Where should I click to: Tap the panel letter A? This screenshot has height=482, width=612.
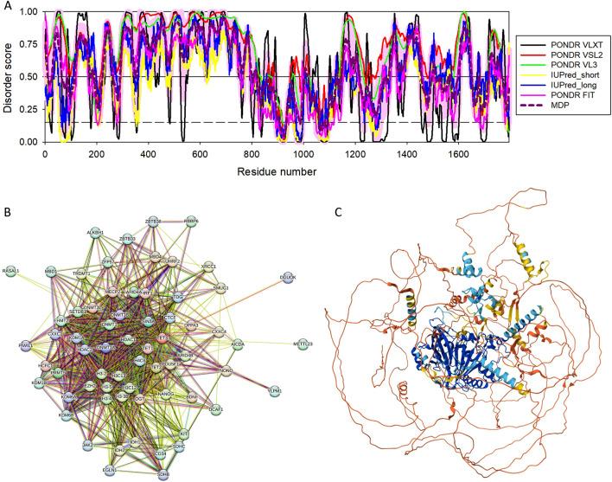click(x=6, y=6)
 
